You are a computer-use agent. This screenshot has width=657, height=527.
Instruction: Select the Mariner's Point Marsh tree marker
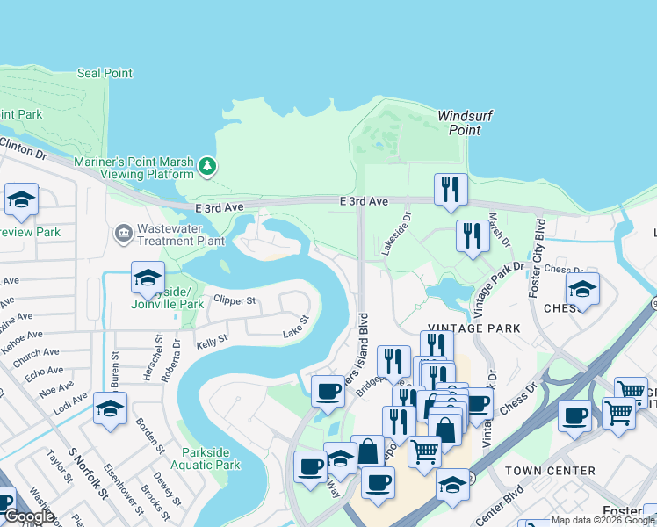pos(206,165)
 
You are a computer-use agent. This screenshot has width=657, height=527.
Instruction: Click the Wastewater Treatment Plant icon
pos(123,232)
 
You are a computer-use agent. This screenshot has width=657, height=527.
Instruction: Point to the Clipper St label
pos(234,300)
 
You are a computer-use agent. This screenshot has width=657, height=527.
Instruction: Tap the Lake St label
pos(296,333)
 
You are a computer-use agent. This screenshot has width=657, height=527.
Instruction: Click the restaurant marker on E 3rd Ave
pos(451,190)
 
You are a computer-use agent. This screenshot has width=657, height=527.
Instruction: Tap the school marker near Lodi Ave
pos(110,408)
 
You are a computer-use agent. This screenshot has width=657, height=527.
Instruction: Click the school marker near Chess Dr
pos(582,289)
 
